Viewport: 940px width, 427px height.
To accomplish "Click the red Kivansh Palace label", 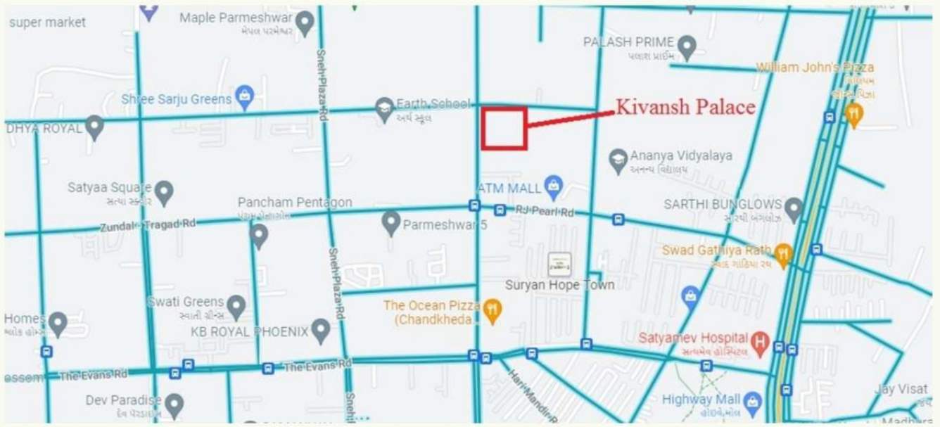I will click(685, 107).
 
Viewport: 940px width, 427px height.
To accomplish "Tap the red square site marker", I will click(504, 128).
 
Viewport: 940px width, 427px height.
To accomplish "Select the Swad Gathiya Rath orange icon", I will click(782, 254).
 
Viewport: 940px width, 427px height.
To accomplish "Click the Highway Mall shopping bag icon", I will click(753, 402).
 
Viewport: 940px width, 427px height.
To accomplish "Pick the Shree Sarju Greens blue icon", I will click(244, 97).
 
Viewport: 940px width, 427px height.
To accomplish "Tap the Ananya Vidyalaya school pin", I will click(618, 160).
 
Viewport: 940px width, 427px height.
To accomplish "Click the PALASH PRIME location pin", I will click(687, 46).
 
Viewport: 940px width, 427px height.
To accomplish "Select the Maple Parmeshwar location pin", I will click(305, 23).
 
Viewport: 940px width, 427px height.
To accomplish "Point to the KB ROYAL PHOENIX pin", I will click(321, 330).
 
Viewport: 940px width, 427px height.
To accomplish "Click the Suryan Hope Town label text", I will click(559, 285).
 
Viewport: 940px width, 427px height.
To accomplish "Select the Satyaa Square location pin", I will click(164, 191).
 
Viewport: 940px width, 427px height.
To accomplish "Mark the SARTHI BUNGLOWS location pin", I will click(794, 208).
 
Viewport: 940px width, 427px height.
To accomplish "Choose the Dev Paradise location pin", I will click(174, 404).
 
